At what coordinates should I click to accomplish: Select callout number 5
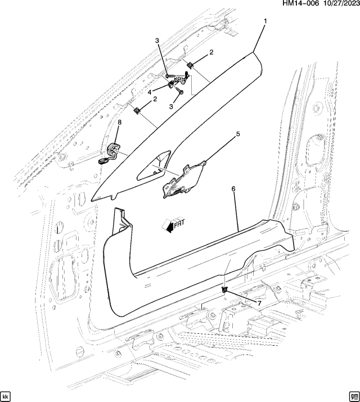pyautogui.click(x=237, y=134)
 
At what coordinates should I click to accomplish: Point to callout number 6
pyautogui.click(x=233, y=190)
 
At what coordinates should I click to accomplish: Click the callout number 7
pyautogui.click(x=259, y=303)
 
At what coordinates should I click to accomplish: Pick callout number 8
pyautogui.click(x=119, y=122)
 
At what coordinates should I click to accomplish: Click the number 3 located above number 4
pyautogui.click(x=157, y=41)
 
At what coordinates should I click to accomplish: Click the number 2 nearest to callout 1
pyautogui.click(x=211, y=52)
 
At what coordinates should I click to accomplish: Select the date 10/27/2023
pyautogui.click(x=336, y=5)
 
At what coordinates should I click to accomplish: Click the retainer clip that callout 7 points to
pyautogui.click(x=225, y=289)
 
